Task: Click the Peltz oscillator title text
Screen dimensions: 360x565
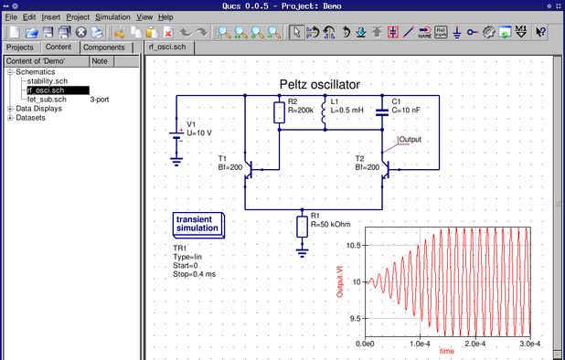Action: [319, 84]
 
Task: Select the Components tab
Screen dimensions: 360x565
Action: [103, 47]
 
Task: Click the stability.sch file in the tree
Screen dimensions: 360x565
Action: [46, 81]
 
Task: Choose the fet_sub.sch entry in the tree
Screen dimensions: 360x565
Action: [46, 99]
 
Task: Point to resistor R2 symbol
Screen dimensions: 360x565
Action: [279, 112]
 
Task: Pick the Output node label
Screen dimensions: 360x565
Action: [410, 140]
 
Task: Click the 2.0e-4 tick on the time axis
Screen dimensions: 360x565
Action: [474, 344]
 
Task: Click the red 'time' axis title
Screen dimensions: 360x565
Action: [446, 351]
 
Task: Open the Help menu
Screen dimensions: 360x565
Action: [165, 16]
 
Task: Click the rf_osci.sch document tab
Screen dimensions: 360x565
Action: [170, 47]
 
